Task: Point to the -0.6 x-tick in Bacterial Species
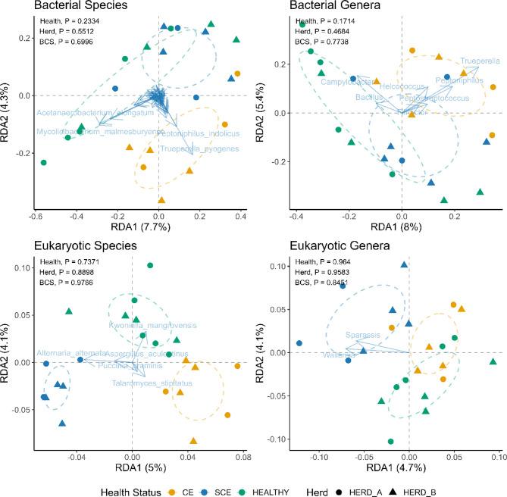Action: click(35, 217)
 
